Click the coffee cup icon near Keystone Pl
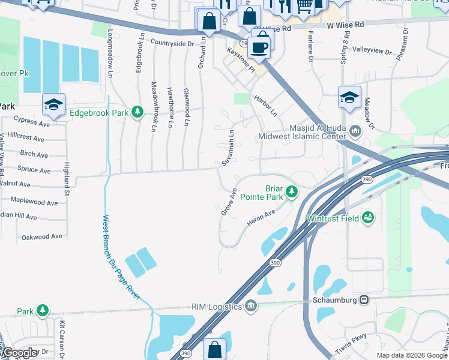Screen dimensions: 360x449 pos(259,46)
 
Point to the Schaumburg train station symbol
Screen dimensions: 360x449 pos(364,299)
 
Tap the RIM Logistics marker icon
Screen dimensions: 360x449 pos(251,307)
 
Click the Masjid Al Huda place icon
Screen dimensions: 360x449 pos(355,130)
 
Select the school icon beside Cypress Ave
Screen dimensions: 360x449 pos(53,105)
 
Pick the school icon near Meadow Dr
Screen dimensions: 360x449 pos(349,97)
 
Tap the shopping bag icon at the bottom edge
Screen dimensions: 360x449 pos(215,349)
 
